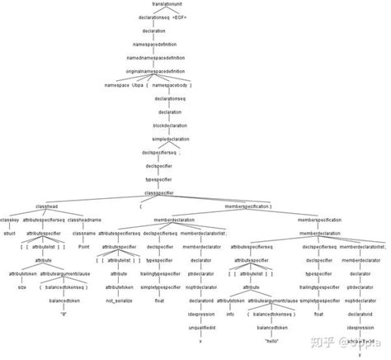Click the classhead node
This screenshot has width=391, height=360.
pos(47,206)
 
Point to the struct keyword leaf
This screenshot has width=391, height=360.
pos(11,233)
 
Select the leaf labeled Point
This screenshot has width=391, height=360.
pos(83,246)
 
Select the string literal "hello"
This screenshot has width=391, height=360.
pos(272,339)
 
